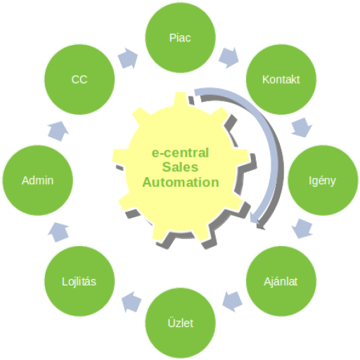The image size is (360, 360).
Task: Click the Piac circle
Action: coord(180,37)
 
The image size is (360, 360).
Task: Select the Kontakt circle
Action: coord(281,79)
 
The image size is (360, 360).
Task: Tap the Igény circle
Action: coord(323,180)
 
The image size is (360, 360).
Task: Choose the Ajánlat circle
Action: coord(281,281)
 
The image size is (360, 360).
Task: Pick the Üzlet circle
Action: coord(180,323)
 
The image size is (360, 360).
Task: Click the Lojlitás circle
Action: coord(79,281)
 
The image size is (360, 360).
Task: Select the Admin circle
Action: coord(37,180)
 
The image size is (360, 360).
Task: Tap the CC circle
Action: coord(79,79)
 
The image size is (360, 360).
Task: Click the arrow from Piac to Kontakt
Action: coord(229,58)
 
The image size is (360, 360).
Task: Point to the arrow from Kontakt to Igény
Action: coord(302,127)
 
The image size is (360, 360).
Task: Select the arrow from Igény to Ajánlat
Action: coord(302,229)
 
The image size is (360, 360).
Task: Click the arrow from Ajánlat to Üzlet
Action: coord(232,302)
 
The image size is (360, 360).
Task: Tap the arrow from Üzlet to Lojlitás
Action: coord(131,302)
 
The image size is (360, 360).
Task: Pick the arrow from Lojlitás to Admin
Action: coord(58,232)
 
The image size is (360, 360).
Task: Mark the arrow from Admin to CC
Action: coord(58,131)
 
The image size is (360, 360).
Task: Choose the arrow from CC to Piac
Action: coord(128,58)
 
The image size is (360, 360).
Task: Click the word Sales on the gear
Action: coord(180,167)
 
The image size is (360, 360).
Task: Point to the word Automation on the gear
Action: coord(181,182)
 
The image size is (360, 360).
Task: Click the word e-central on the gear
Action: coord(180,153)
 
